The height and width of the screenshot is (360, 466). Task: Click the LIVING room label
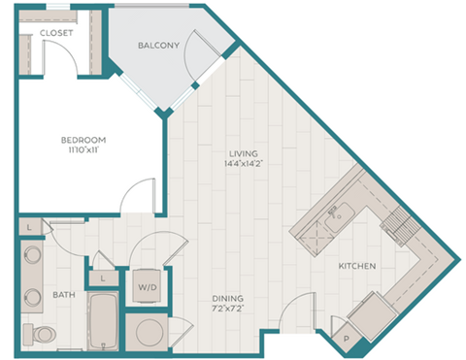coord(244,152)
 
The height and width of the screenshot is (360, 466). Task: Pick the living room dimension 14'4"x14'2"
coord(244,165)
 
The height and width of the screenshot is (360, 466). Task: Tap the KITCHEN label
coord(357,265)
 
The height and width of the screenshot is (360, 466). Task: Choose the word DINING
coord(229,298)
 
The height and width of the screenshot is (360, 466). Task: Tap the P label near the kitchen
coord(347,338)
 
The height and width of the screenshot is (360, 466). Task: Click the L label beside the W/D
coord(103,278)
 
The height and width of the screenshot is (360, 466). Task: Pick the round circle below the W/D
coord(149,331)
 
